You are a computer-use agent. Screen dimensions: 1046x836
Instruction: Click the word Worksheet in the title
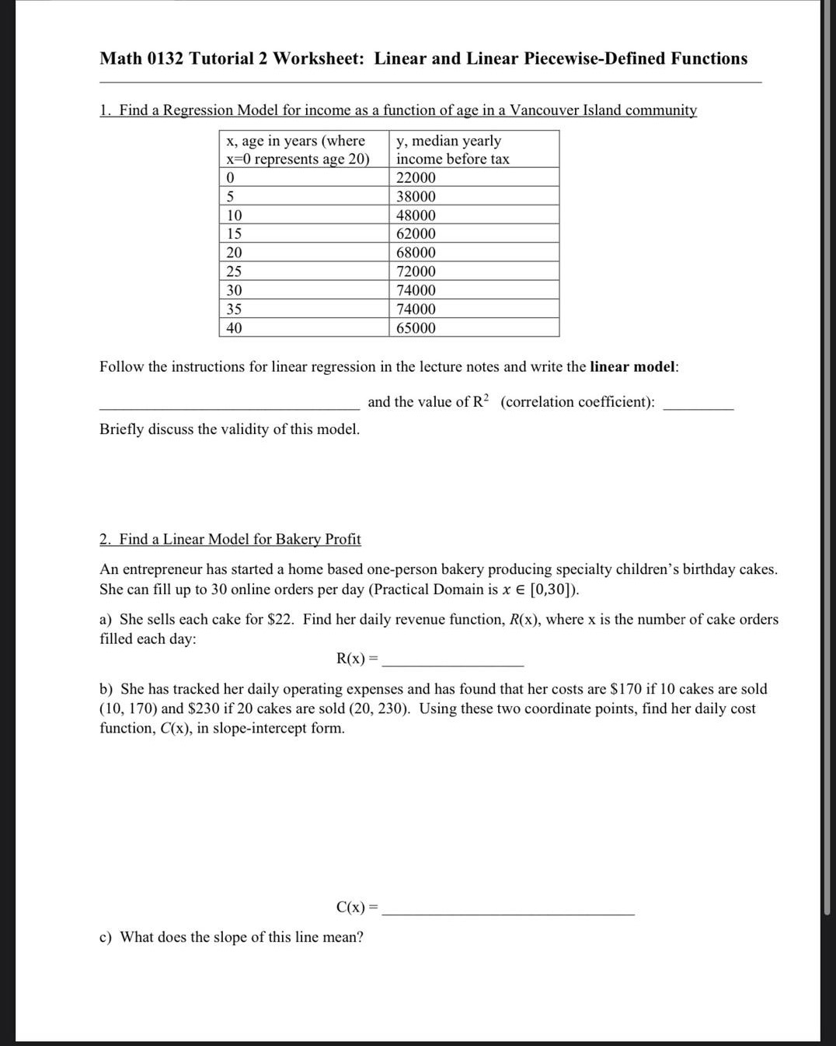coord(318,58)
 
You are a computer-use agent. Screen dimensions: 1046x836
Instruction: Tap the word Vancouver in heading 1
coord(544,110)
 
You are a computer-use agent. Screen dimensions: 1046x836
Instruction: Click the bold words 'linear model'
coord(632,366)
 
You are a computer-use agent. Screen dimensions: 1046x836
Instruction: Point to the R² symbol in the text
coord(481,401)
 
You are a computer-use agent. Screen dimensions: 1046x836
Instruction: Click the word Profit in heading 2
coord(343,539)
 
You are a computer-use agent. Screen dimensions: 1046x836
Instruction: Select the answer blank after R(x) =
coord(453,663)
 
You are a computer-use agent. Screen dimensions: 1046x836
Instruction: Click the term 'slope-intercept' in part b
coord(260,728)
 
